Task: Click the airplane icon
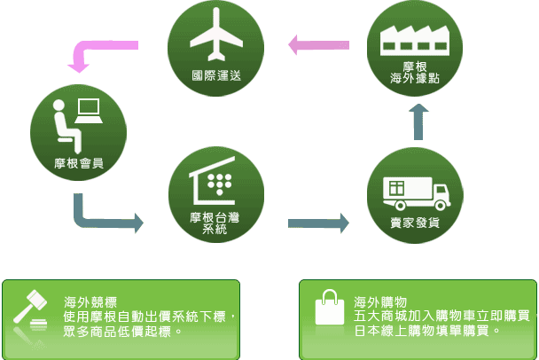(x=215, y=35)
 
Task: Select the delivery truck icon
(x=413, y=190)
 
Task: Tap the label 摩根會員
(x=77, y=161)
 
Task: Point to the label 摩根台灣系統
(x=215, y=223)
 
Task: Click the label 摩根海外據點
(x=414, y=73)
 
